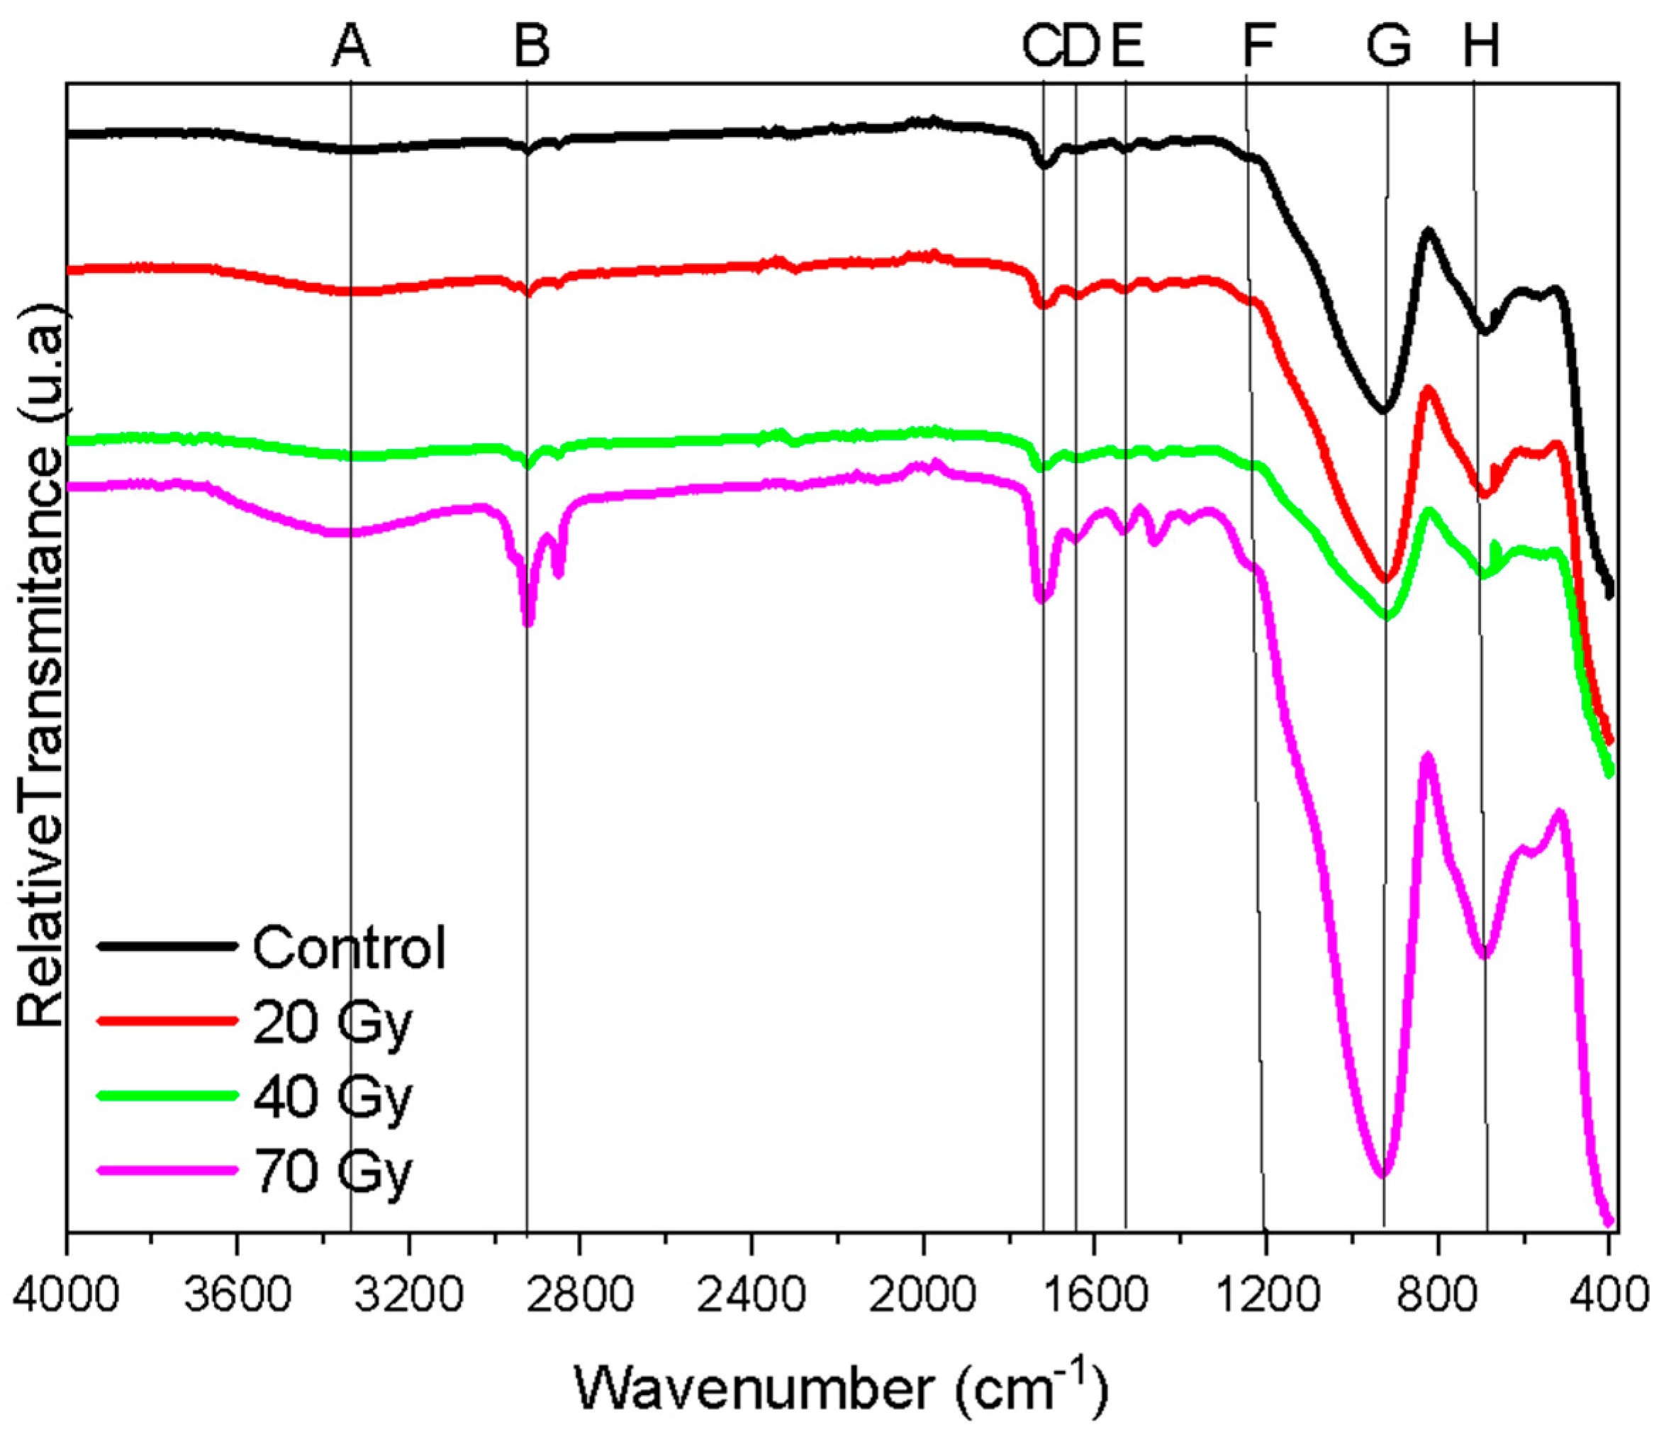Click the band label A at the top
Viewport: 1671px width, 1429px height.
[351, 46]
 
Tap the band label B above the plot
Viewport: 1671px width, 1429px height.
[532, 46]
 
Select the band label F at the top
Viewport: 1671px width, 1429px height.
[1258, 46]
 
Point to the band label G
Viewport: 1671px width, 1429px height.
[1389, 46]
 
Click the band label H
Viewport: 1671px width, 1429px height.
[1482, 46]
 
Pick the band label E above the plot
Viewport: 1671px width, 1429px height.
[1127, 46]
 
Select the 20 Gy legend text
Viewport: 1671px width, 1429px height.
[332, 1023]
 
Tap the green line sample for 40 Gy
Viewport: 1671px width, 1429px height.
[167, 1095]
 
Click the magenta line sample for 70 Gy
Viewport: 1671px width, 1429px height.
[167, 1169]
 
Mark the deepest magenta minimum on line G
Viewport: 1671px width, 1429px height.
[1383, 1174]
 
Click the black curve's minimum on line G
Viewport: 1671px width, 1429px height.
[1383, 410]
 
